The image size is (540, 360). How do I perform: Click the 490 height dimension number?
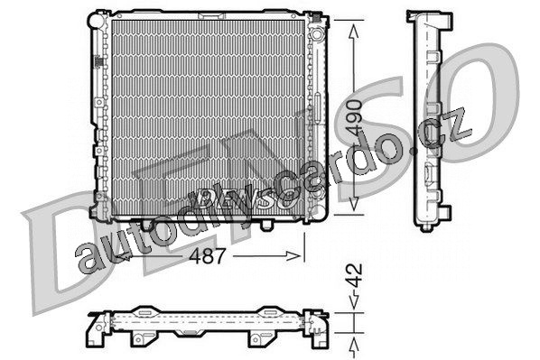click(355, 117)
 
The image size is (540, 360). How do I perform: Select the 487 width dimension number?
click(208, 255)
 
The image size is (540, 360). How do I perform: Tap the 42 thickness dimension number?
click(354, 275)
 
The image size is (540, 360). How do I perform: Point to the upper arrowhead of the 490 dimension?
click(354, 32)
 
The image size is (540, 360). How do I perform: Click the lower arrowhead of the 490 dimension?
click(354, 203)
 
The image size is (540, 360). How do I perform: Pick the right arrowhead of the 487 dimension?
click(293, 255)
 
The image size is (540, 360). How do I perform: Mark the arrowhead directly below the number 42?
click(354, 302)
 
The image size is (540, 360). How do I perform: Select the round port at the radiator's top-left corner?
click(97, 20)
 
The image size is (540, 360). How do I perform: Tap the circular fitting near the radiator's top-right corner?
click(316, 35)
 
